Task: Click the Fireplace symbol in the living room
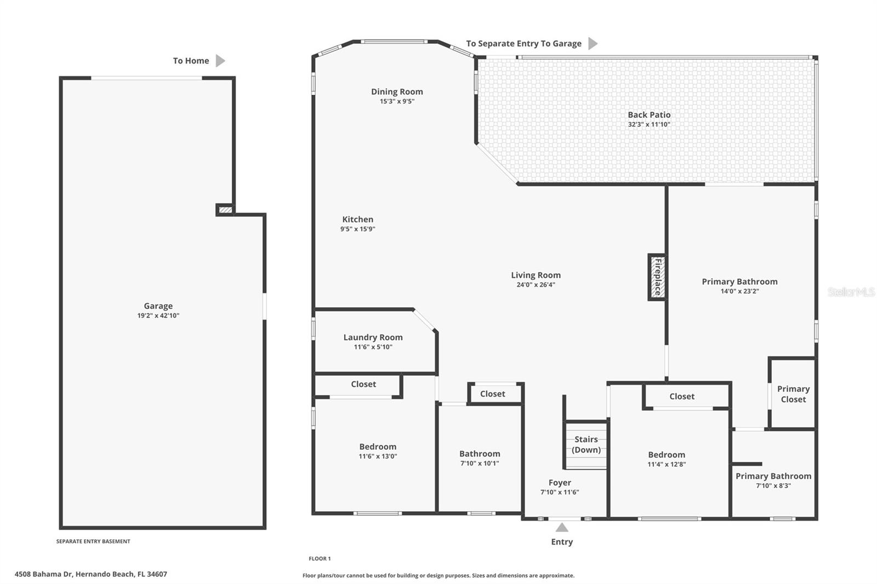click(657, 277)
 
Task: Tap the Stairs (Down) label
click(586, 444)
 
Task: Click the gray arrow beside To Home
click(220, 61)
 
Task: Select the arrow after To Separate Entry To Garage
click(593, 43)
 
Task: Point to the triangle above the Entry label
click(562, 528)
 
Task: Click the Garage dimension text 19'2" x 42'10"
click(158, 316)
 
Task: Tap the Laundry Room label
click(373, 337)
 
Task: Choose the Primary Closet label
click(793, 394)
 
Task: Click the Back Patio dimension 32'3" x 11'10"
click(649, 124)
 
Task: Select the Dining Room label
click(397, 91)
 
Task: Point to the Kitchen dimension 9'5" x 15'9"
click(357, 229)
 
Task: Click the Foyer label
click(560, 483)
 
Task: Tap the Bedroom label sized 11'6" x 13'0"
click(378, 446)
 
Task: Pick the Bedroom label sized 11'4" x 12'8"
click(667, 455)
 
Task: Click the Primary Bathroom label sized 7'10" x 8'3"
click(773, 476)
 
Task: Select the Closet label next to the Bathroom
click(492, 394)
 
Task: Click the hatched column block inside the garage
click(225, 210)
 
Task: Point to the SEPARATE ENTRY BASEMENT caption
click(93, 541)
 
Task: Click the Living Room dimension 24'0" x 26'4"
click(536, 284)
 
